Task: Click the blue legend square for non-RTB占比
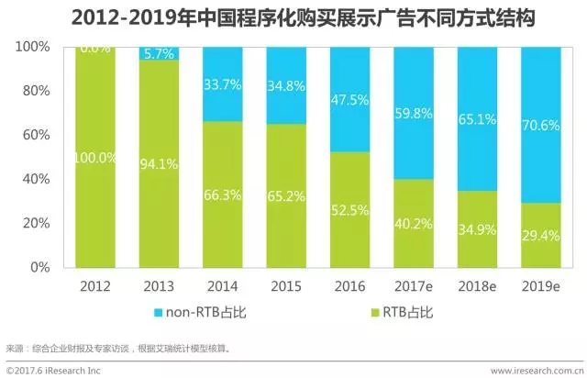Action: pos(162,312)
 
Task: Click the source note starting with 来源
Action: pos(119,349)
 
